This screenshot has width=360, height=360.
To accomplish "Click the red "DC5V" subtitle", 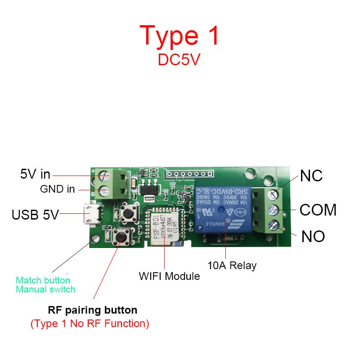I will [179, 60].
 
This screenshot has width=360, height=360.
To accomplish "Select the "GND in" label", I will [58, 189].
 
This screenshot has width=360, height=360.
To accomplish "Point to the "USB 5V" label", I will [35, 215].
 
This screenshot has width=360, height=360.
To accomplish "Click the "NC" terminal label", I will [311, 176].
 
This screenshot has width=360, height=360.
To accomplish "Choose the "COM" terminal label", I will [318, 210].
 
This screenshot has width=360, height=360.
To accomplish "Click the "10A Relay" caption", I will [232, 265].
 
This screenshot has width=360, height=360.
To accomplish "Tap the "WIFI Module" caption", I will [169, 276].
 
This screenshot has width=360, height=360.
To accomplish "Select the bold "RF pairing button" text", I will [92, 310].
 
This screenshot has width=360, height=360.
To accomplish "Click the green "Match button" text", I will [43, 280].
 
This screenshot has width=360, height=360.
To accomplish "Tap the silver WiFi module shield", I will [162, 227].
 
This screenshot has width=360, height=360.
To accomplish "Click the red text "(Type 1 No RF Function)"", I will [90, 324].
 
